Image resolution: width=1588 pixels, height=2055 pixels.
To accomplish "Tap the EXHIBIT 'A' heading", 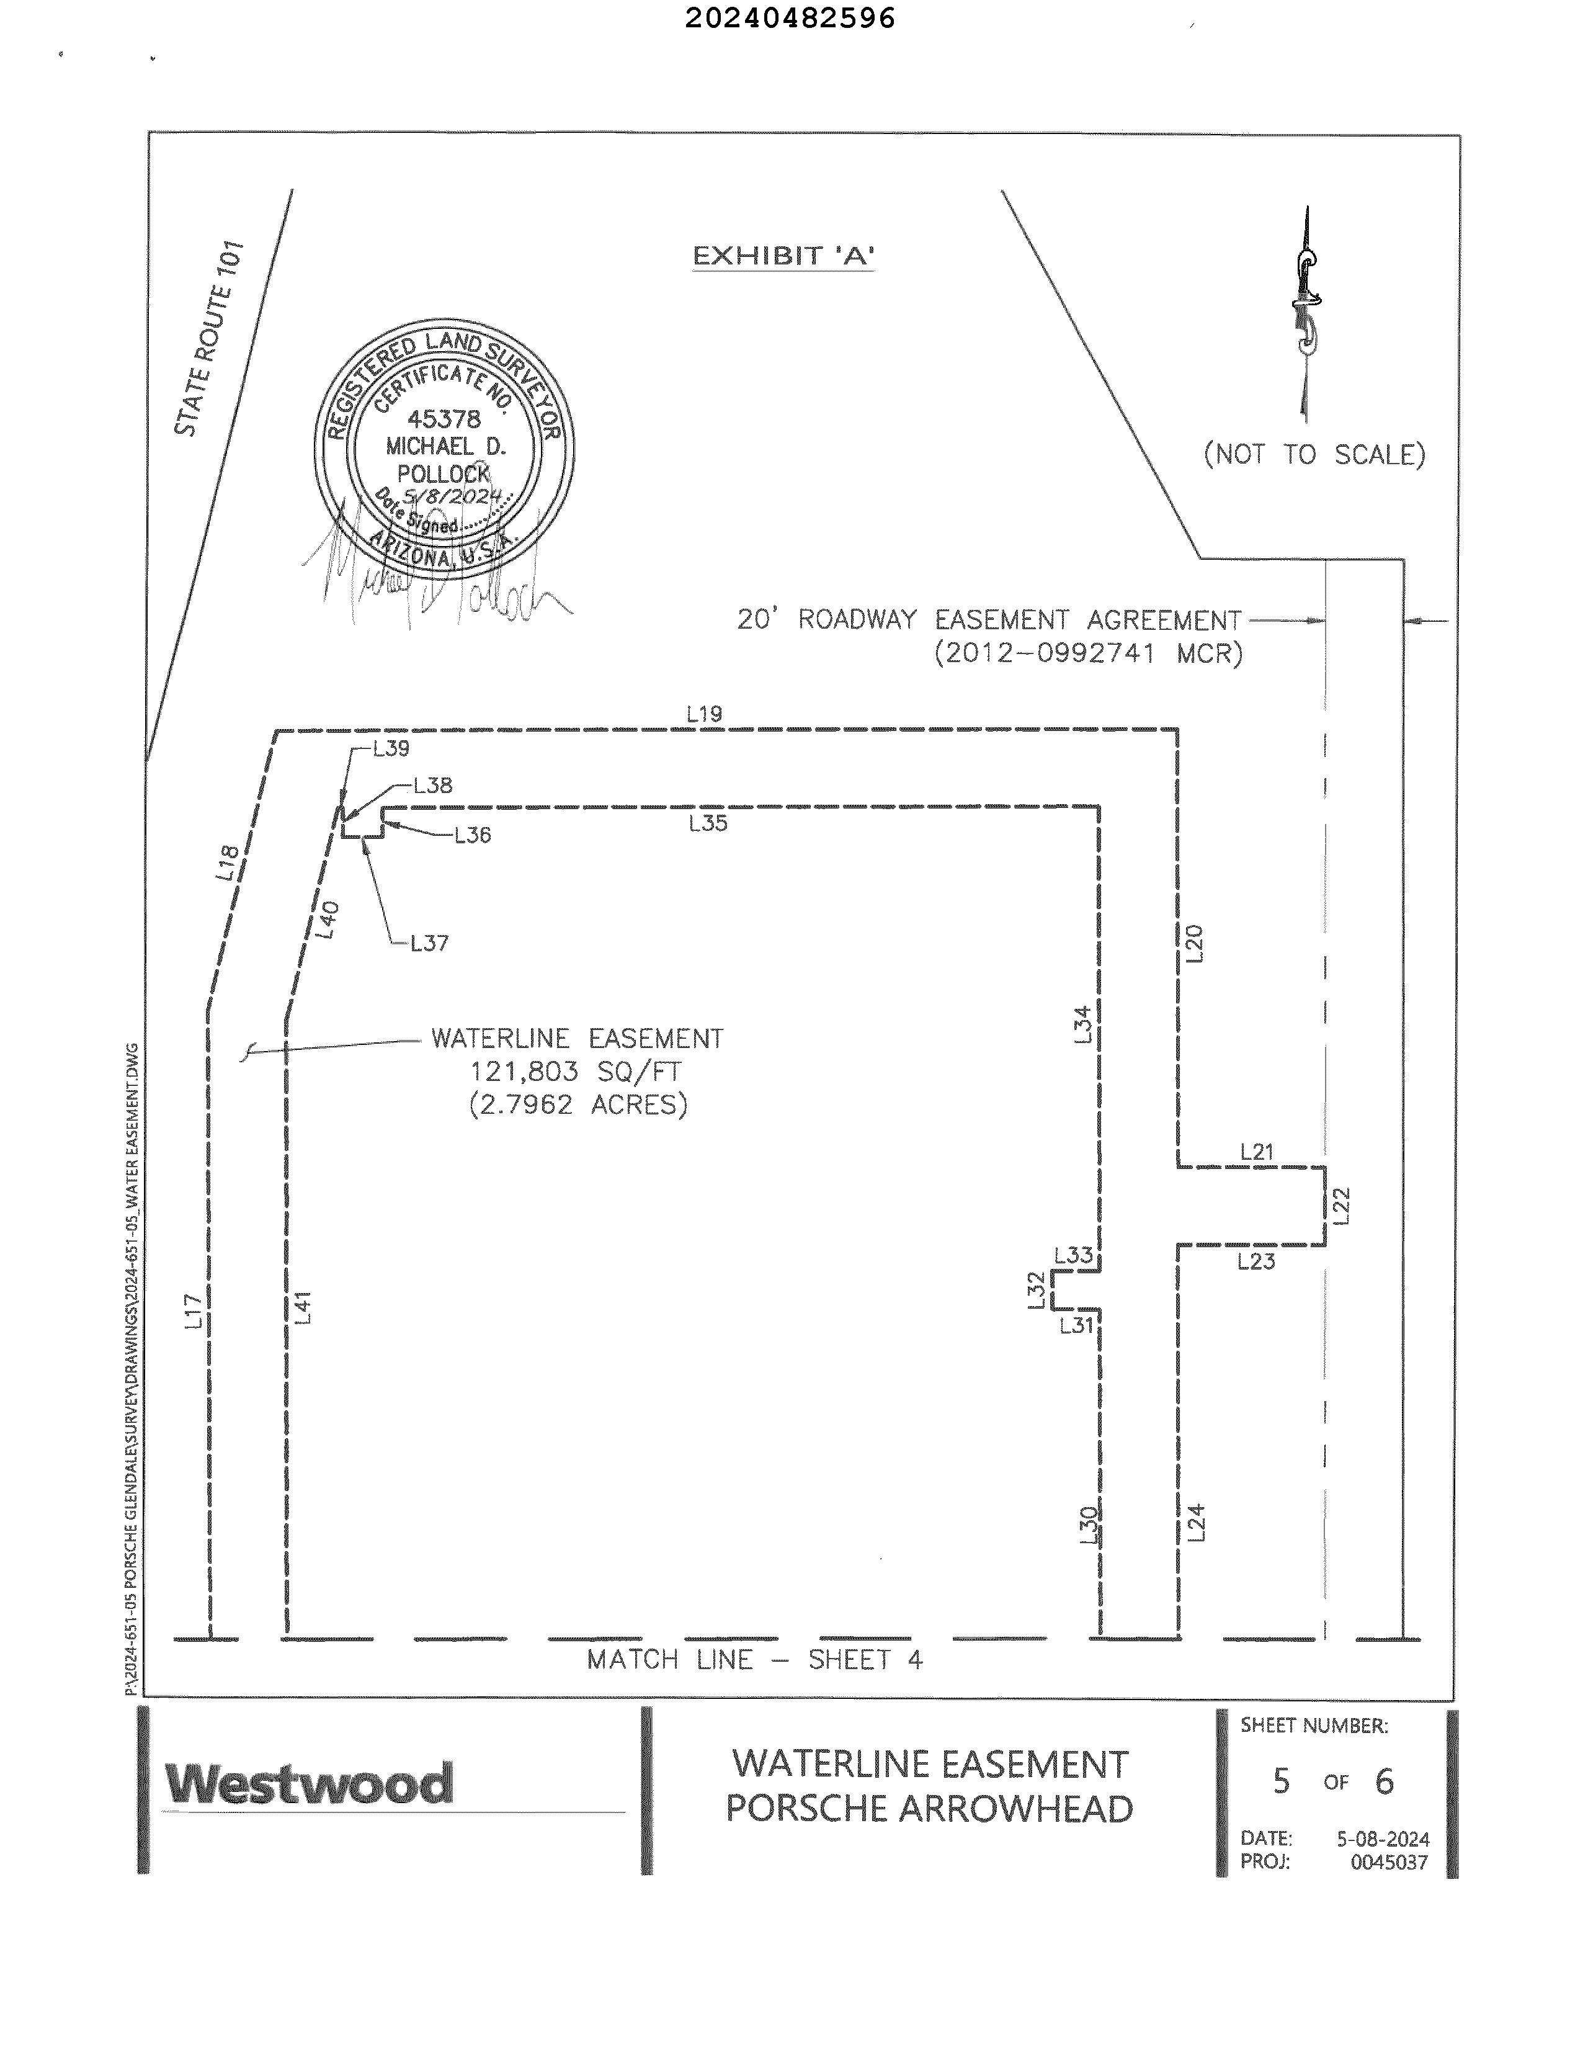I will pyautogui.click(x=783, y=256).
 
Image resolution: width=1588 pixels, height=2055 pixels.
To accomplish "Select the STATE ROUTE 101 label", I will pyautogui.click(x=210, y=339).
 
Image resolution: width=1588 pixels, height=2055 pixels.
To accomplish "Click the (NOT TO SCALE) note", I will pyautogui.click(x=1314, y=455).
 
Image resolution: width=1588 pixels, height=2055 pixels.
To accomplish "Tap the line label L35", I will pyautogui.click(x=707, y=823).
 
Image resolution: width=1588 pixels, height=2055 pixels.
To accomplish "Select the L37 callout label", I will pyautogui.click(x=429, y=943).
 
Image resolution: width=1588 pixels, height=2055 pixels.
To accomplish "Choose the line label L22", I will pyautogui.click(x=1342, y=1206).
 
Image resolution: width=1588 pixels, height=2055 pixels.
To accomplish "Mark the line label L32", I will pyautogui.click(x=1036, y=1289).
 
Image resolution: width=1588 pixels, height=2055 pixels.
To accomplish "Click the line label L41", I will pyautogui.click(x=302, y=1308).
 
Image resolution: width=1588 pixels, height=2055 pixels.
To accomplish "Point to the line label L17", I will pyautogui.click(x=193, y=1310).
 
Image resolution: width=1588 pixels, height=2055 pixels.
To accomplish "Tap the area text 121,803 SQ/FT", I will pyautogui.click(x=576, y=1072).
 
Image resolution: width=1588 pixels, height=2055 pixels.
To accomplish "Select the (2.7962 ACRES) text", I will pyautogui.click(x=578, y=1104).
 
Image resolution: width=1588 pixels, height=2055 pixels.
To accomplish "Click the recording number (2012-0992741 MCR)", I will pyautogui.click(x=1089, y=653).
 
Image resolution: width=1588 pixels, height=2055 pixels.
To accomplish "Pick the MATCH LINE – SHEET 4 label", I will pyautogui.click(x=754, y=1660).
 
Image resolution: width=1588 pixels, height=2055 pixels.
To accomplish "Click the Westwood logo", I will pyautogui.click(x=308, y=1784).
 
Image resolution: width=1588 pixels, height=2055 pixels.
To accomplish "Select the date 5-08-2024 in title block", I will pyautogui.click(x=1382, y=1838).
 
